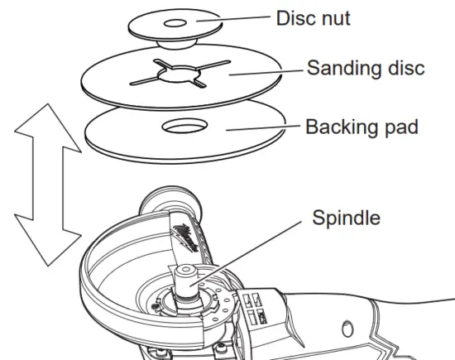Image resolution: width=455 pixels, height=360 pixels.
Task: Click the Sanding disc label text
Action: (366, 67)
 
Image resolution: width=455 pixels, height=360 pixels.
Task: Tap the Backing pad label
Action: (362, 127)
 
